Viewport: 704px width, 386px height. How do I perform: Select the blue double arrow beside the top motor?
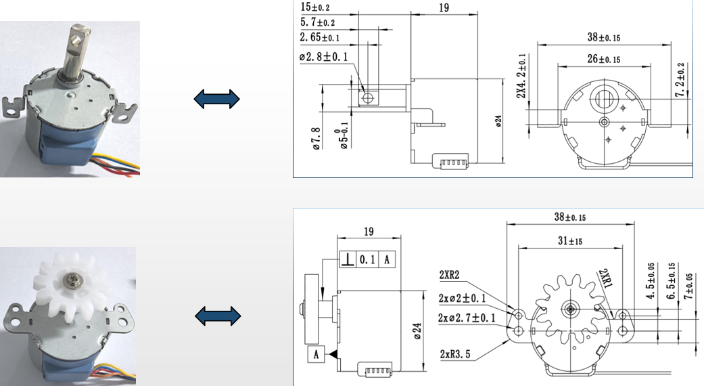click(x=216, y=100)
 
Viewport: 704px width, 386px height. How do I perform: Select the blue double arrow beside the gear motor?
click(x=216, y=315)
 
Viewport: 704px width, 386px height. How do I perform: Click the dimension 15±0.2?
click(x=316, y=7)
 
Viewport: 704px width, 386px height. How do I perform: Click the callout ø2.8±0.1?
click(x=323, y=57)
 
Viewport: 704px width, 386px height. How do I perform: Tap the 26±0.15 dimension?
click(x=604, y=59)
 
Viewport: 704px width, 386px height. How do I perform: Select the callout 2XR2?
click(x=450, y=275)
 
